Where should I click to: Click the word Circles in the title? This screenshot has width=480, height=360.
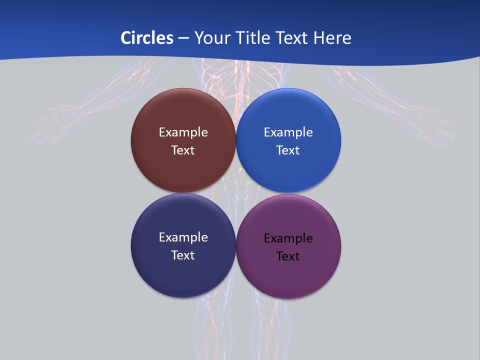(x=146, y=38)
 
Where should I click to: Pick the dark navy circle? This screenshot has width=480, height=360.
(x=183, y=275)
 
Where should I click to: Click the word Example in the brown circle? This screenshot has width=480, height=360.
(x=183, y=132)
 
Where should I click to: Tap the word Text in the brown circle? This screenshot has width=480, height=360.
(x=183, y=150)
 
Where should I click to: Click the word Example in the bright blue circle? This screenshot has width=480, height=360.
(x=288, y=132)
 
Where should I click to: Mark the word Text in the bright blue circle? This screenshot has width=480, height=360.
(x=288, y=150)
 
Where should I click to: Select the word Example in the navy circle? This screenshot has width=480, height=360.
(x=183, y=237)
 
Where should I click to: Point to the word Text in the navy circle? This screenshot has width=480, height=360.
(x=183, y=255)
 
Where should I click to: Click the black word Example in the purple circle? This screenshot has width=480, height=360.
(x=288, y=238)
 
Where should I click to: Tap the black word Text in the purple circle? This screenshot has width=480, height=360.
(x=288, y=256)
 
